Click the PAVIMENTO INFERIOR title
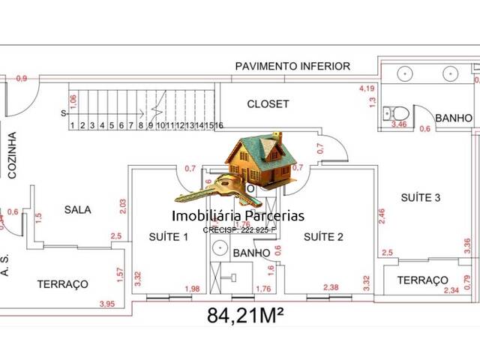(x=292, y=66)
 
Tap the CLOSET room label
(x=268, y=104)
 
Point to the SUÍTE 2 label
(x=323, y=237)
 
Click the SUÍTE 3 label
(x=420, y=198)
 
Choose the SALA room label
(x=77, y=210)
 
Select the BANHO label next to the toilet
(x=454, y=118)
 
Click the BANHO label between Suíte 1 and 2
(x=251, y=253)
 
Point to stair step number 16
(x=219, y=125)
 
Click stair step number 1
(x=73, y=125)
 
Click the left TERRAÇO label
(x=63, y=284)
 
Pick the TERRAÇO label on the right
(x=422, y=280)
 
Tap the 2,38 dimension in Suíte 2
(x=334, y=286)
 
